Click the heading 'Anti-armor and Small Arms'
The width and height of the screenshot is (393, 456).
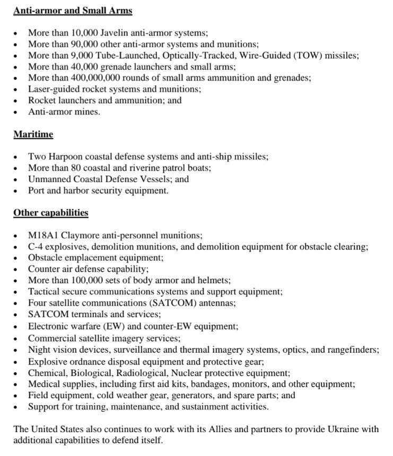point(73,11)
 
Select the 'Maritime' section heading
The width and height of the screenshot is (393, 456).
point(33,135)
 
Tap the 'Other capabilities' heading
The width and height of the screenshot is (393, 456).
point(51,213)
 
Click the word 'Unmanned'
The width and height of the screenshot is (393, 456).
point(48,179)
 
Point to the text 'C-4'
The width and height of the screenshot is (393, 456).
point(36,247)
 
